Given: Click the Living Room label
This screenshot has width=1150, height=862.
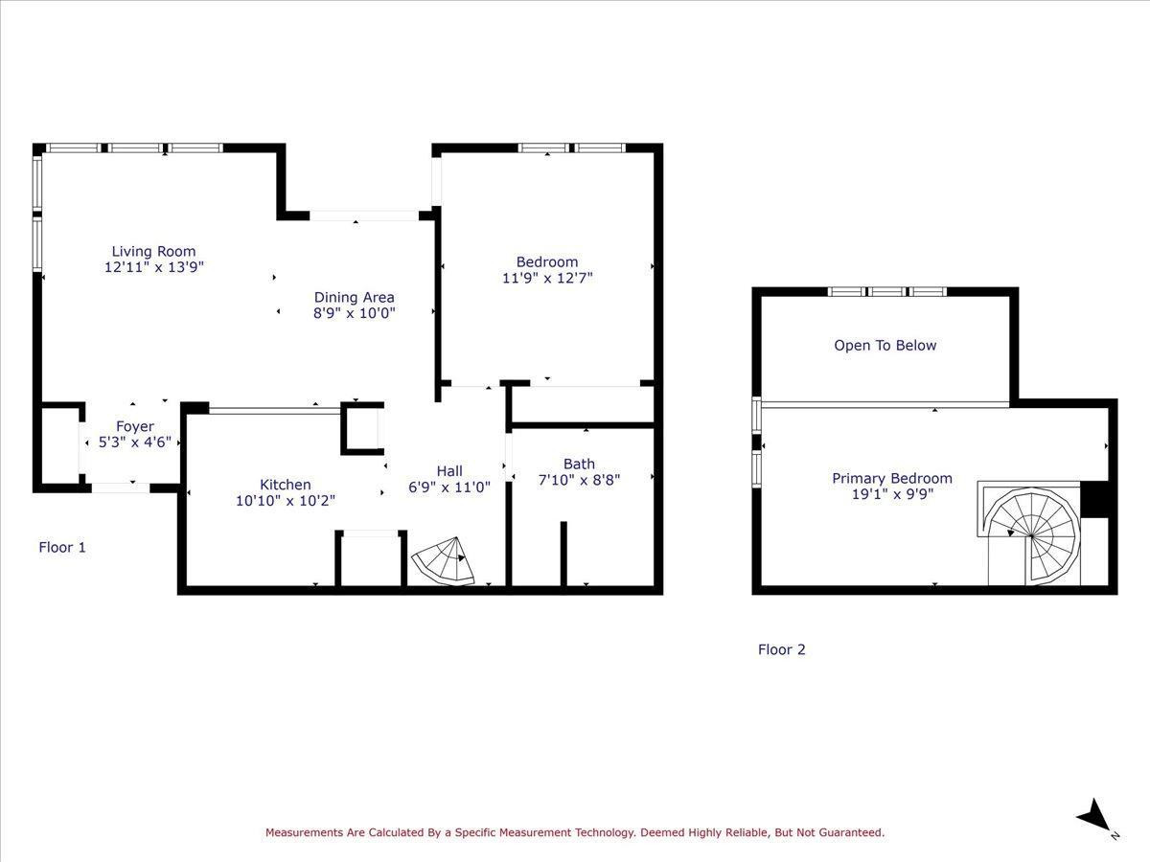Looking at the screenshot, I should (153, 252).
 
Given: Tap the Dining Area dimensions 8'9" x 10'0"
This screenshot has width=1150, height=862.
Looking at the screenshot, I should (354, 313).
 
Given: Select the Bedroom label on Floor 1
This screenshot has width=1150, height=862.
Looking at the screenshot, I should (547, 262).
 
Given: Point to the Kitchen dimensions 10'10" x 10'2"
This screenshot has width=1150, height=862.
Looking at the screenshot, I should (285, 501).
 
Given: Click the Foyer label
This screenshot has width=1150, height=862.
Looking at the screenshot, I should (134, 427).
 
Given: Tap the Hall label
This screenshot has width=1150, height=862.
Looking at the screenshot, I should (449, 471).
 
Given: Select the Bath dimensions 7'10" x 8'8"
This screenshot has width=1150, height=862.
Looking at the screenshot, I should (579, 480).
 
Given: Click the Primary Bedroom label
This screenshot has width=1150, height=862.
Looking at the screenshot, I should (891, 479).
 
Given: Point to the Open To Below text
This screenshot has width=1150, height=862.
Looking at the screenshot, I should (885, 346).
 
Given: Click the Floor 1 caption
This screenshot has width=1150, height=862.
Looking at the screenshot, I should (62, 548).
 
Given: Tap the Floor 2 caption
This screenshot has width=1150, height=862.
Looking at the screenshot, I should (781, 649).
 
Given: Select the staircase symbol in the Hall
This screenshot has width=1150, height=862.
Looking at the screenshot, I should (444, 561).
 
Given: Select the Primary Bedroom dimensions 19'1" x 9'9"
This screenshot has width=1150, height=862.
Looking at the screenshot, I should (891, 495).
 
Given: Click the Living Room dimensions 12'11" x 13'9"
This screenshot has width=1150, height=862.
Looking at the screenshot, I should (153, 268).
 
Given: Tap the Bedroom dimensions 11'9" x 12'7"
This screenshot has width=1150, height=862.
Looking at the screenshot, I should (547, 279).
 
